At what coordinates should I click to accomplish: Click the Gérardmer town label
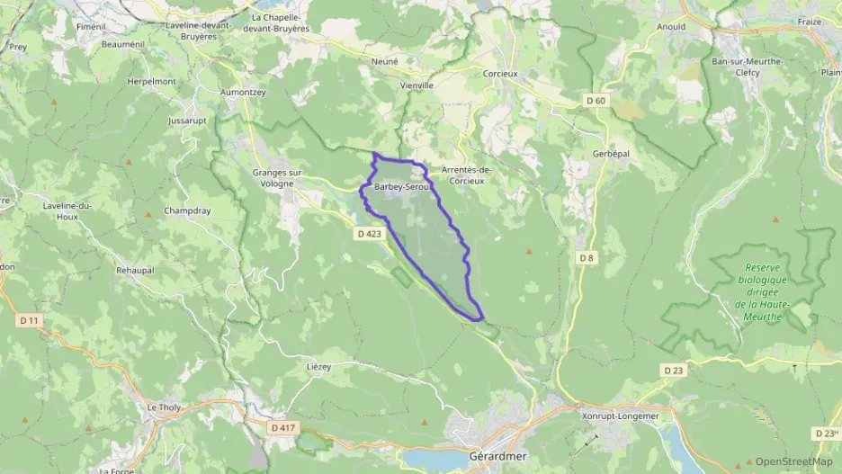[x=497, y=456]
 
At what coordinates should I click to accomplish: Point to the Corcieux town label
[x=500, y=74]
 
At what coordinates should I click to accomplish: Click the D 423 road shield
[x=368, y=234]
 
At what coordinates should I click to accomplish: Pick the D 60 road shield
[x=594, y=101]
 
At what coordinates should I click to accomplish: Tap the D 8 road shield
[x=587, y=258]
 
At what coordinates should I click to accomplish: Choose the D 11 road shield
[x=29, y=320]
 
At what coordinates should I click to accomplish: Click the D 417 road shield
[x=282, y=427]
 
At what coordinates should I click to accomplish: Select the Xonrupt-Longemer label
[x=621, y=416]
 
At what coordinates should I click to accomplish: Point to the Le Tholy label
[x=164, y=407]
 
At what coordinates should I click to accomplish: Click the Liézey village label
[x=319, y=366]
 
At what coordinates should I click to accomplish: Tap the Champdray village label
[x=186, y=210]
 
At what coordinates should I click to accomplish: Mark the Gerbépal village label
[x=611, y=154]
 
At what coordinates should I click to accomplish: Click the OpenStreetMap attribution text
[x=793, y=461]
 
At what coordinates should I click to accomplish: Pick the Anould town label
[x=671, y=27]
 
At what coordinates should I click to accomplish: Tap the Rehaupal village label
[x=136, y=269]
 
